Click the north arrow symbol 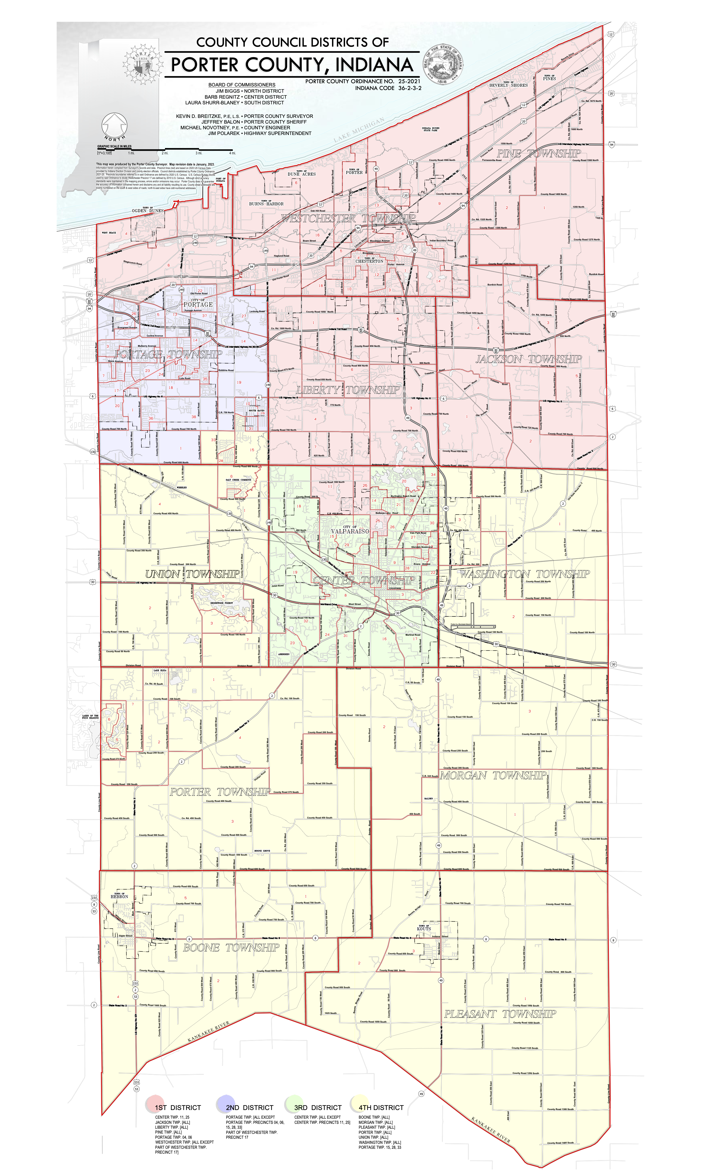115,126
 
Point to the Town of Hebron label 119,896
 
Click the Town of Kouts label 424,928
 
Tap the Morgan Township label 493,775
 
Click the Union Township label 192,574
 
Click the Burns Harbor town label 266,204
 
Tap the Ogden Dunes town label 148,210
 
